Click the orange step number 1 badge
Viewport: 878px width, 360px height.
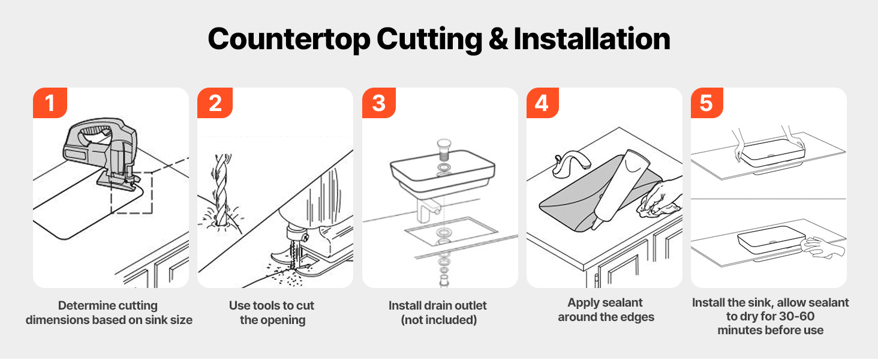tap(50, 103)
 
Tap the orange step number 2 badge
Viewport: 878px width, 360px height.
tap(215, 103)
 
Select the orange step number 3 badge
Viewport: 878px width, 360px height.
tap(378, 103)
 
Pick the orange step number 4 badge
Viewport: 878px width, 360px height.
tap(543, 103)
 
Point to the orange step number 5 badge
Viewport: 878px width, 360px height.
tap(706, 103)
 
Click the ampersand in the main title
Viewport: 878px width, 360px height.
tap(498, 39)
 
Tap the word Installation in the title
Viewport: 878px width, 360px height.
tap(592, 39)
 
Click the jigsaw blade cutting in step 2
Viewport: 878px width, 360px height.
tap(293, 254)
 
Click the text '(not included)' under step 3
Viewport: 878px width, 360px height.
tap(438, 320)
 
